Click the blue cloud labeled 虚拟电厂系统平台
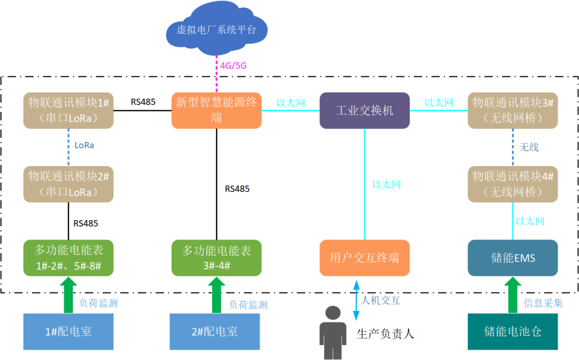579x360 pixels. coord(216,29)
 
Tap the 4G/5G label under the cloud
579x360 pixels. coord(233,66)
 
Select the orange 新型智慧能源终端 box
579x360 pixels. coord(217,110)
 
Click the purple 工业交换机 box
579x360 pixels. coord(365,110)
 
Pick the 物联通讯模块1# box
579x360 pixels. coord(69,110)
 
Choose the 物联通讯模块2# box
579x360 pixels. coord(69,184)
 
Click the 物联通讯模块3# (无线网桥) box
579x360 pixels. coord(513,110)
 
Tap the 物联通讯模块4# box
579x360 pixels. coord(513,184)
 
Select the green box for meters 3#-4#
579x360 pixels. coord(217,258)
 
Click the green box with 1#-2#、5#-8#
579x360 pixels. coord(69,258)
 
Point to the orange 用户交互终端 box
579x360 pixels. coord(365,258)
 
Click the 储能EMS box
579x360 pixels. coord(513,258)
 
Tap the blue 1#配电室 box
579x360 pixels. coord(69,332)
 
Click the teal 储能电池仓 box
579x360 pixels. coord(513,332)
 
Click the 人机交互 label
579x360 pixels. coord(381,301)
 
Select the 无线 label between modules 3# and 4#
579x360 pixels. coord(529,147)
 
